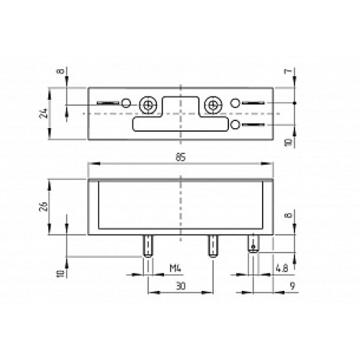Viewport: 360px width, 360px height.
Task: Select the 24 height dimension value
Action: pyautogui.click(x=44, y=113)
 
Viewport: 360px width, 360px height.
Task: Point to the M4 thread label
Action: pyautogui.click(x=174, y=269)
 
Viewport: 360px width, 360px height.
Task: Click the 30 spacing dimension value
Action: pyautogui.click(x=180, y=287)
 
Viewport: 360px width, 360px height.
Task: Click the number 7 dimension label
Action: pyautogui.click(x=287, y=73)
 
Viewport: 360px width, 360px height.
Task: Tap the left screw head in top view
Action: pyautogui.click(x=149, y=105)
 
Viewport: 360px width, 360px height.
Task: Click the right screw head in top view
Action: pyautogui.click(x=212, y=105)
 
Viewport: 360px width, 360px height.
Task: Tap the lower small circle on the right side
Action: pyautogui.click(x=235, y=126)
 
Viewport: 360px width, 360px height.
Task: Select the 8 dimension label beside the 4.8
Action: pyautogui.click(x=287, y=215)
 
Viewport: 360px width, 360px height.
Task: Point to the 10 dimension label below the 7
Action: pyautogui.click(x=287, y=143)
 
